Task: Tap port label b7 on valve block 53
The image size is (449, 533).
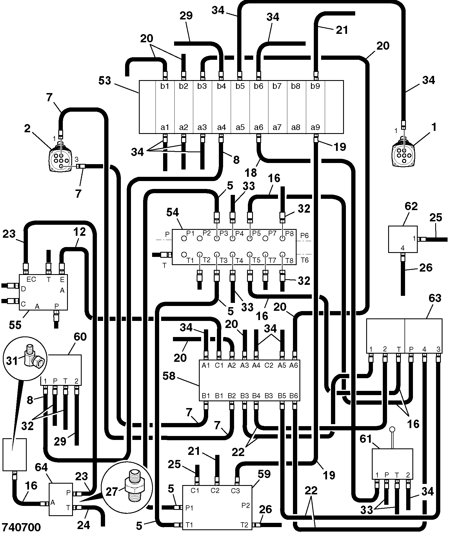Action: coord(277,86)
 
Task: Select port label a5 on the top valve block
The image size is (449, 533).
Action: coord(240,127)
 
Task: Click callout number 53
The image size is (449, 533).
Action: coord(105,81)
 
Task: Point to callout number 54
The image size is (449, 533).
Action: coord(172,212)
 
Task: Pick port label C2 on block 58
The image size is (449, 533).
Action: coord(269,365)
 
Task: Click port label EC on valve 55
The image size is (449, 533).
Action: coord(31,279)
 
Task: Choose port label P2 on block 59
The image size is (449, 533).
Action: coord(246,505)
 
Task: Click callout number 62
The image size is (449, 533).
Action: coord(411,206)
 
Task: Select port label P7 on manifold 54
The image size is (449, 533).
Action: coord(272,233)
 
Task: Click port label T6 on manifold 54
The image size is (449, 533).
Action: coord(304,260)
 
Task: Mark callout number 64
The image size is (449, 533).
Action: coord(41,467)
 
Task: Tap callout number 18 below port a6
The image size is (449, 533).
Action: coord(251,172)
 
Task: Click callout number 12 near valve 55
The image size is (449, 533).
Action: coord(79,232)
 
